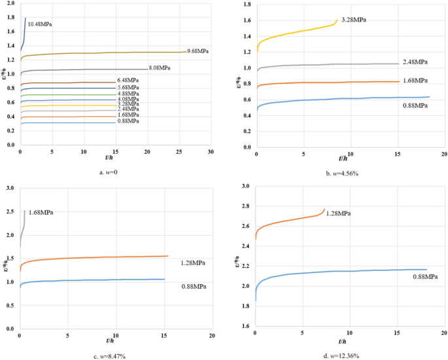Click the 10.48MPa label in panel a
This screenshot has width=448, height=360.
40,24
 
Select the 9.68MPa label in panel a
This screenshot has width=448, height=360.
198,51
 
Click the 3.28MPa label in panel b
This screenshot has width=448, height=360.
353,20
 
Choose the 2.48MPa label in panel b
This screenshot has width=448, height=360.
415,62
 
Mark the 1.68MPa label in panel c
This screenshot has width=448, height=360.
41,212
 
